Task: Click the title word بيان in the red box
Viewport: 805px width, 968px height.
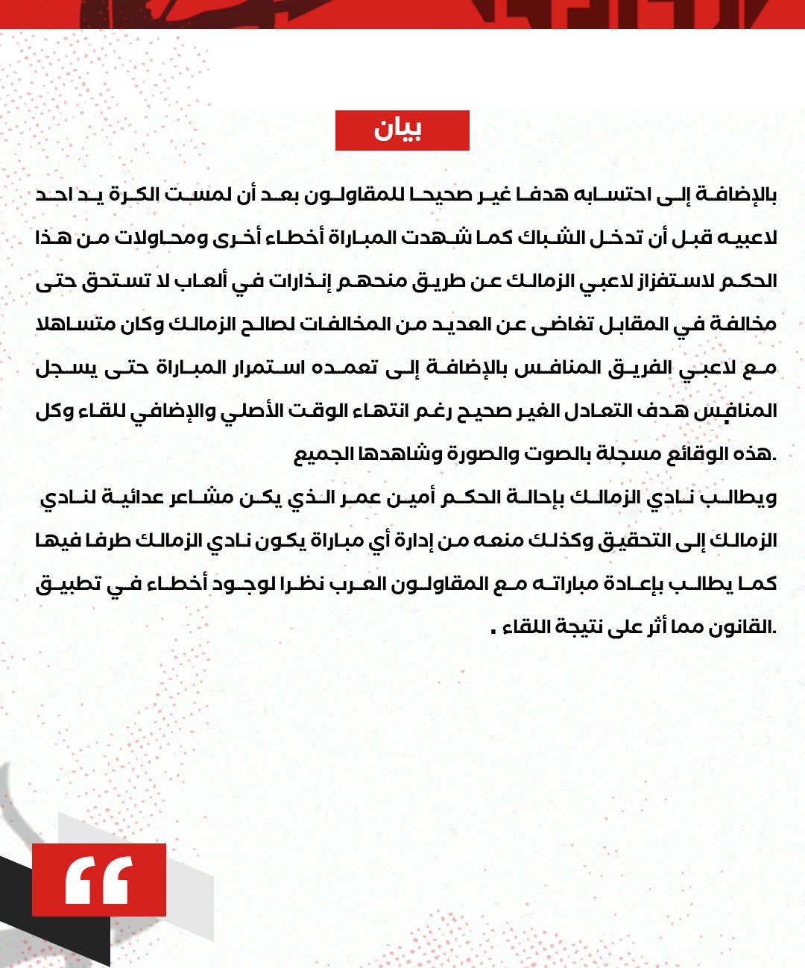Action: [398, 130]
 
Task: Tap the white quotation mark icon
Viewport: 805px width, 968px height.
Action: [98, 880]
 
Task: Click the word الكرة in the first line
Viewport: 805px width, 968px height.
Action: [134, 195]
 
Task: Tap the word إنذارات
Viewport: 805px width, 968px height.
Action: [302, 281]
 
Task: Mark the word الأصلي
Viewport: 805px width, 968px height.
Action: [255, 411]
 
